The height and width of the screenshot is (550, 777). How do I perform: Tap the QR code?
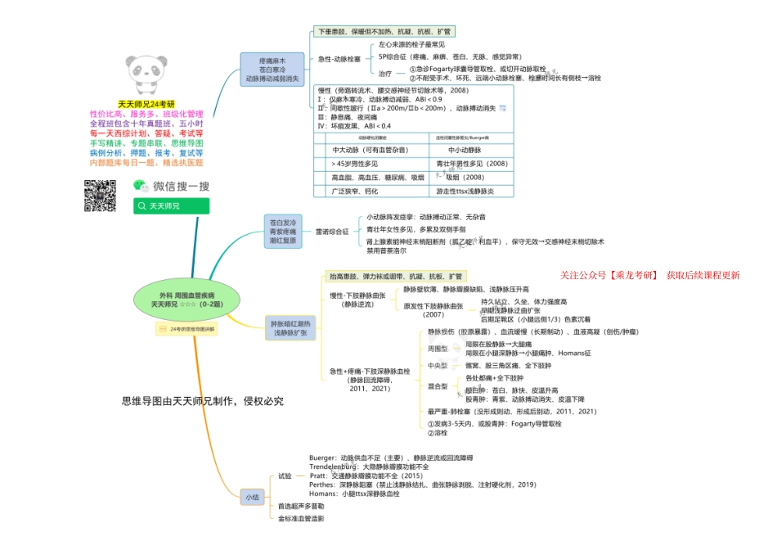(101, 195)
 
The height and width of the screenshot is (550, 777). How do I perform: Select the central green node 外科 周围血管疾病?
(187, 299)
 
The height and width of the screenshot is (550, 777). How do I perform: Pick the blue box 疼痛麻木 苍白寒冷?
(272, 70)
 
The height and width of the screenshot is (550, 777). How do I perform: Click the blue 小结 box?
(251, 497)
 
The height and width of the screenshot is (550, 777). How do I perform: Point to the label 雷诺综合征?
(332, 232)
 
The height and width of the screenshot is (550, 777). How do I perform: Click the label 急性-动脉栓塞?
(339, 59)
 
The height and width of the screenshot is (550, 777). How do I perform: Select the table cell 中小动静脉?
(470, 151)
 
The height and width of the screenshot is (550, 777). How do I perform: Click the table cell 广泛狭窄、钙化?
(354, 191)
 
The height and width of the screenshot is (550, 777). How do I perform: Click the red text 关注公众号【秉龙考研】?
(609, 276)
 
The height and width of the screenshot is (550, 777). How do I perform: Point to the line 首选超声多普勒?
(301, 507)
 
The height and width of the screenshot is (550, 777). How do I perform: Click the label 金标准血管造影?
(301, 519)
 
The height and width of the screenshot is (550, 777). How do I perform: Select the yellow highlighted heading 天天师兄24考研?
(147, 105)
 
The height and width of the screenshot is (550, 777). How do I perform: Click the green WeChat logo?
(140, 187)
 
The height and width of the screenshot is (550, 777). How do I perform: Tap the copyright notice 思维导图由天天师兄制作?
(203, 401)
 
